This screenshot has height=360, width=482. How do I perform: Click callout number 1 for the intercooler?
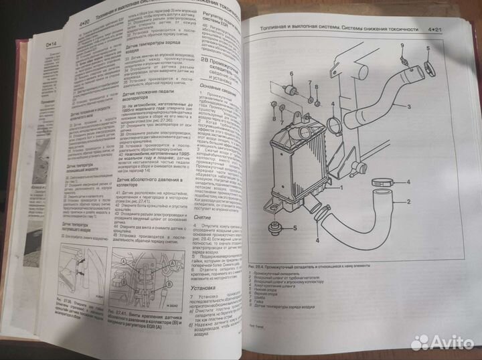[341, 189]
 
